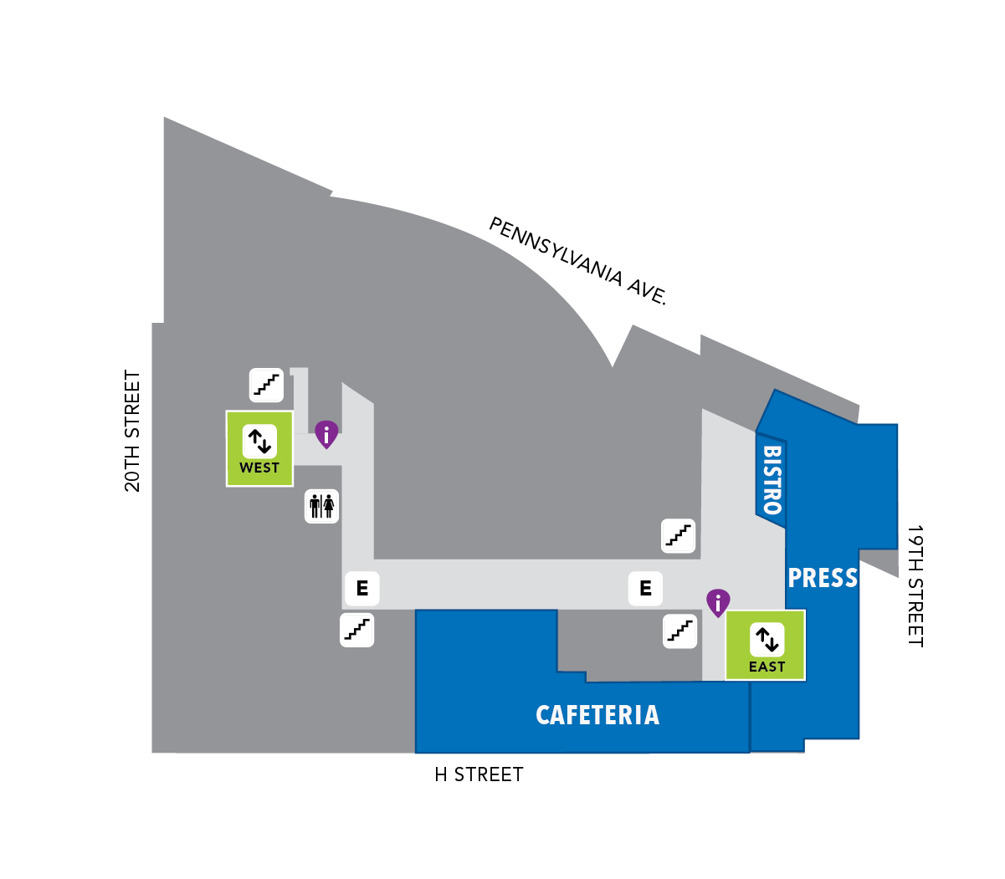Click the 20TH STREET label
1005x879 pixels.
(132, 431)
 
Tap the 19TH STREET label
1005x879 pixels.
(915, 586)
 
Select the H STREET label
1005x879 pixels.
(479, 774)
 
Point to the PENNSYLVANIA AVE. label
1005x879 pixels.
(578, 261)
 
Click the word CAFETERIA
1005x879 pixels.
(597, 715)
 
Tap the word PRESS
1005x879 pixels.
(823, 578)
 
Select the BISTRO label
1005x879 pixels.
(772, 480)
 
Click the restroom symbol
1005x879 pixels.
(321, 506)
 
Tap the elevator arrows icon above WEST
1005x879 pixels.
(259, 442)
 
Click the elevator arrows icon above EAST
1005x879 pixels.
(767, 640)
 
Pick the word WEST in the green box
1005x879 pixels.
(259, 468)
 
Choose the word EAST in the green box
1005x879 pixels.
(767, 667)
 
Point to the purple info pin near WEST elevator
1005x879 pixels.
(326, 434)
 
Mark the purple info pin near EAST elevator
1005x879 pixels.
(718, 602)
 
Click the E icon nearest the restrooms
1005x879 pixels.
(362, 588)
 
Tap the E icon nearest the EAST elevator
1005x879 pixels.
(645, 588)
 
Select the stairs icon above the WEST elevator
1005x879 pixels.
(266, 385)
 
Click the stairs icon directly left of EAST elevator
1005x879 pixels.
(679, 631)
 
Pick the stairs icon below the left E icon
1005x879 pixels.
(357, 630)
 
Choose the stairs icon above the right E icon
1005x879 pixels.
(678, 535)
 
